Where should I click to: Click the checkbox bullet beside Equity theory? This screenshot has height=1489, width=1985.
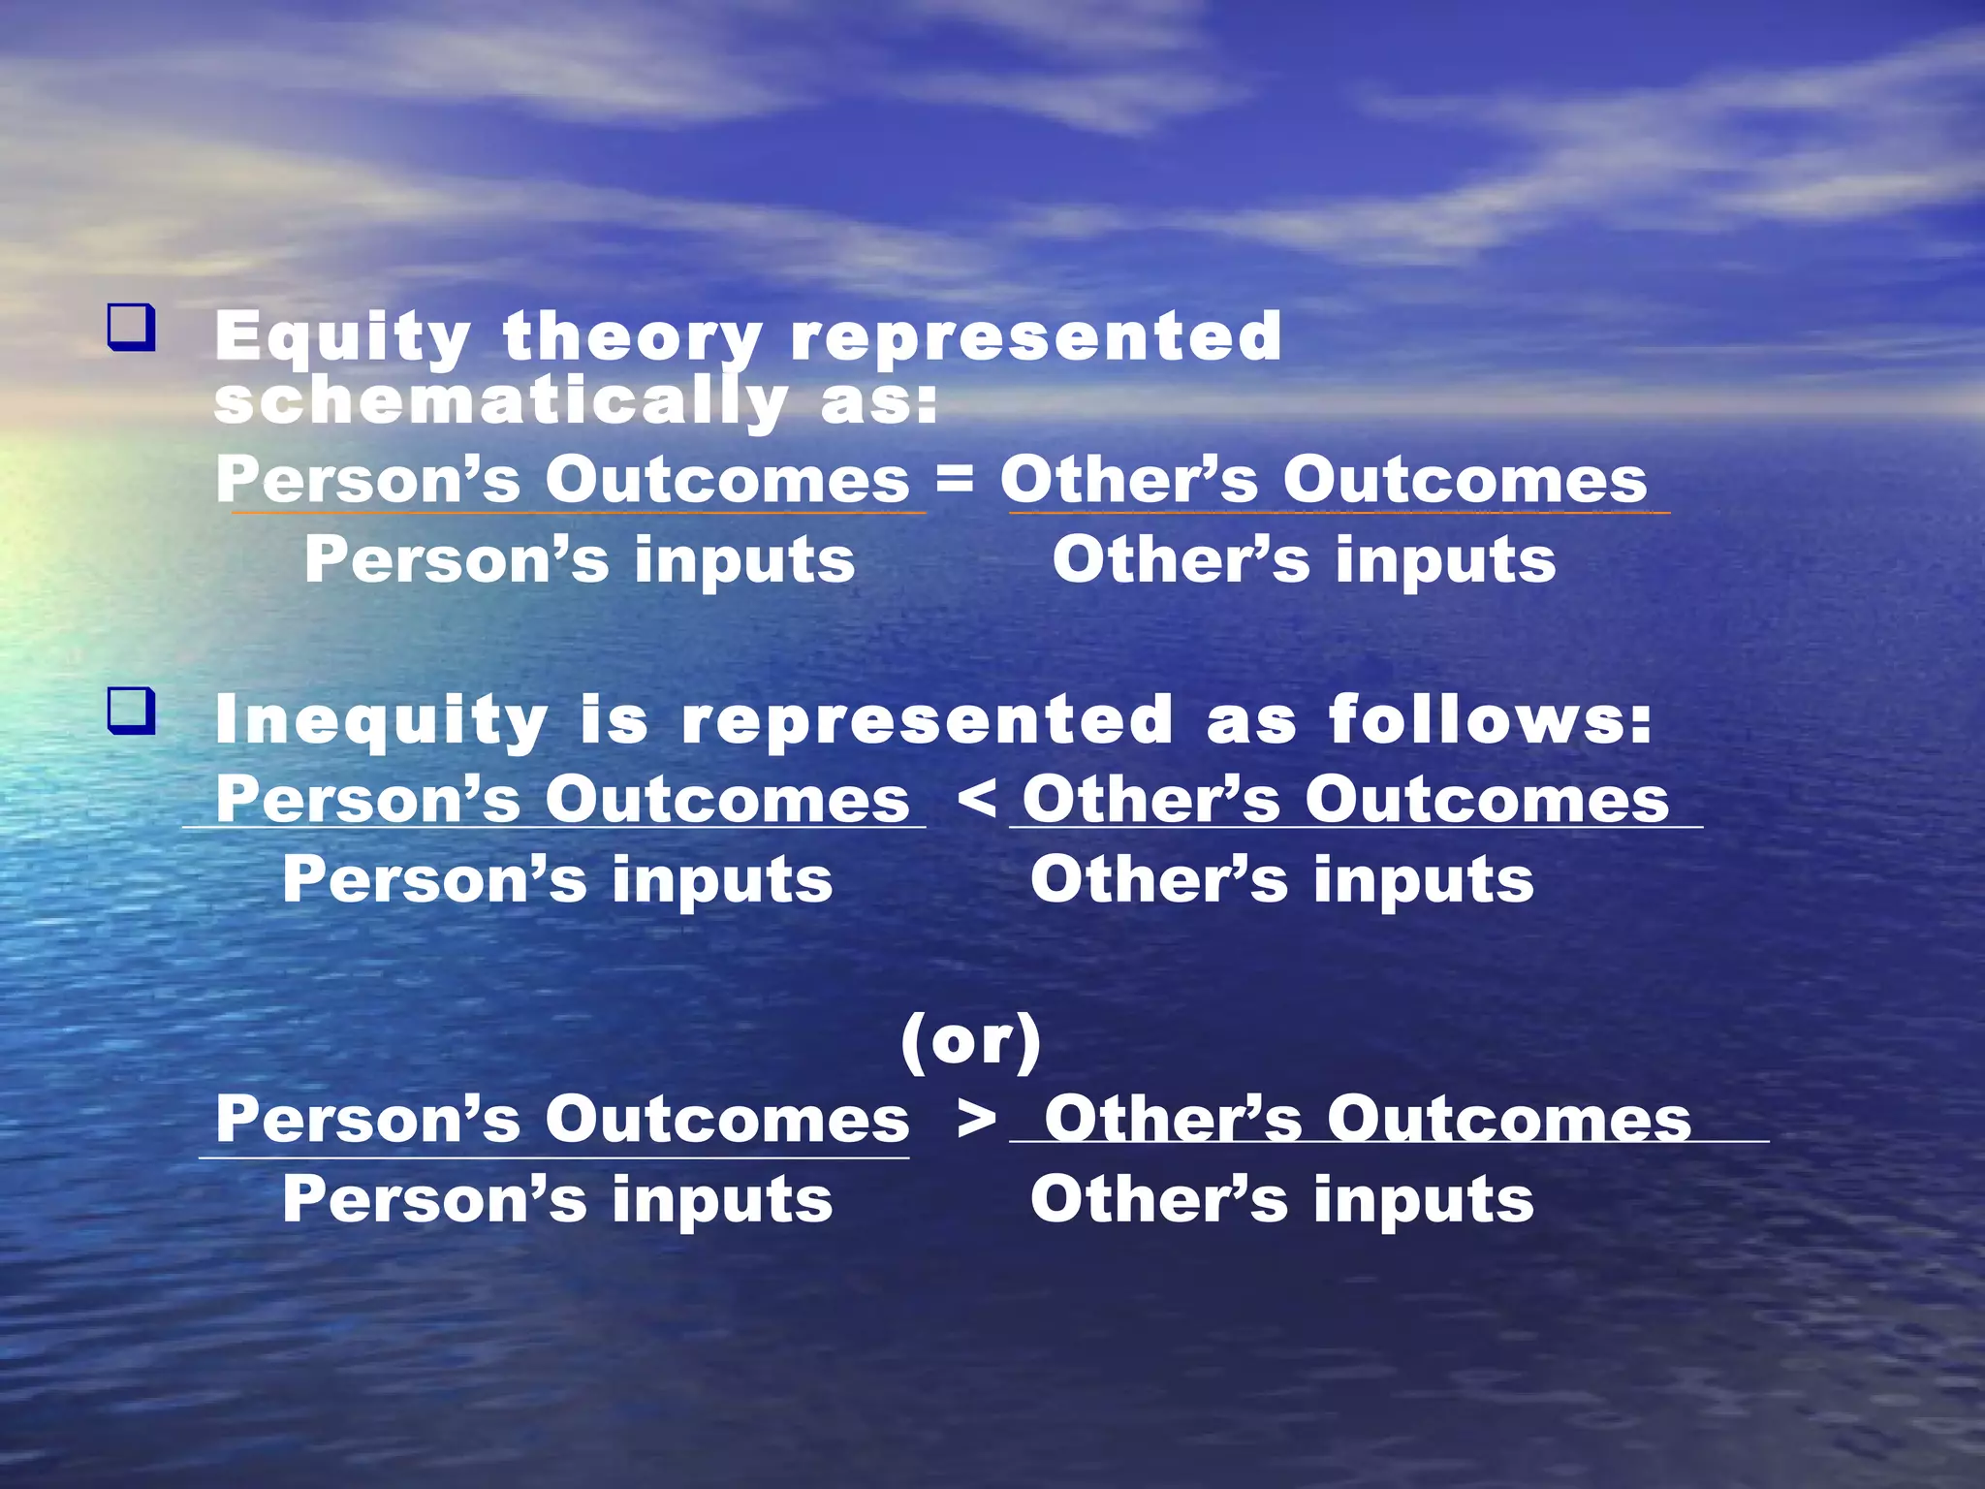pos(131,328)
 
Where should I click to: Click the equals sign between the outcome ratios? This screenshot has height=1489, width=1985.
pos(955,478)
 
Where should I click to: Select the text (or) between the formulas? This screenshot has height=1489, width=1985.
pos(971,1041)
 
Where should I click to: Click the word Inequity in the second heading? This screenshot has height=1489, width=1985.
pos(381,720)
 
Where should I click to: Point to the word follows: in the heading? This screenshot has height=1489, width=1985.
pos(1490,720)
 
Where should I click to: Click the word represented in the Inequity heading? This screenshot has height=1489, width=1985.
pos(927,720)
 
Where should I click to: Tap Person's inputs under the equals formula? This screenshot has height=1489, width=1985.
pos(580,560)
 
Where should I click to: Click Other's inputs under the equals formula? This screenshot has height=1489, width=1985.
pos(1304,560)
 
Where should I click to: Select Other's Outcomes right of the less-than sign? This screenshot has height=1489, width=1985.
pos(1345,800)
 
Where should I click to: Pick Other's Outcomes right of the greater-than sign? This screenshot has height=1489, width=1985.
pos(1367,1120)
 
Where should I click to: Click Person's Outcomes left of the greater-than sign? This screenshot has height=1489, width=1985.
pos(562,1120)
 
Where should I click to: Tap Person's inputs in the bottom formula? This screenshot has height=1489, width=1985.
pos(557,1200)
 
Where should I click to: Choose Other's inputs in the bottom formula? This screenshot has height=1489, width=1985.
pos(1281,1200)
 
